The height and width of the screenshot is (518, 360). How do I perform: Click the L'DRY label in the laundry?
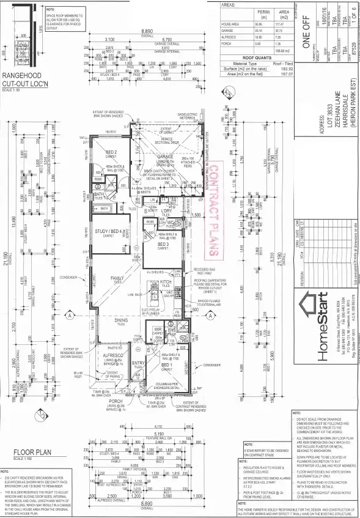tap(166, 210)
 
